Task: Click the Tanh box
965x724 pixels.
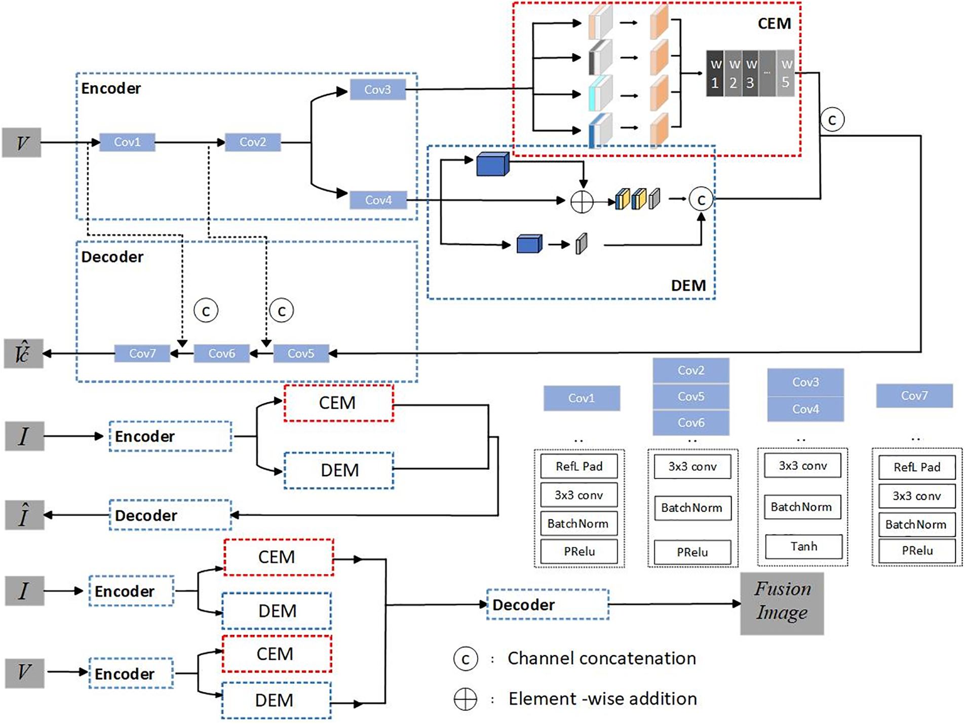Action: [x=803, y=546]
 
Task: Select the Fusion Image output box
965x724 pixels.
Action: [x=782, y=603]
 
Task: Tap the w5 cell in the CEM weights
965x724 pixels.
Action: [x=785, y=73]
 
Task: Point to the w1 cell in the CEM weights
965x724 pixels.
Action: [x=715, y=73]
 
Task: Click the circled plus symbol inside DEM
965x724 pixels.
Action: [x=582, y=201]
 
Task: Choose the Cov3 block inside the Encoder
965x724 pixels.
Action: [x=377, y=90]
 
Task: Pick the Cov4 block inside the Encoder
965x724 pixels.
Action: [x=378, y=200]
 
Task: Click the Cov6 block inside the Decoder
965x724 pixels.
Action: [x=221, y=353]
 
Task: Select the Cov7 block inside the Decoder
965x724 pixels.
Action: [x=142, y=353]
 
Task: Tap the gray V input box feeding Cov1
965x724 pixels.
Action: [x=22, y=142]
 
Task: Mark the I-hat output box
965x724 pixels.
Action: [x=24, y=515]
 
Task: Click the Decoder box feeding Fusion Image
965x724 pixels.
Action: [x=548, y=604]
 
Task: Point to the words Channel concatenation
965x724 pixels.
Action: [x=601, y=658]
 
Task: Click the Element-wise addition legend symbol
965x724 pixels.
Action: [x=465, y=699]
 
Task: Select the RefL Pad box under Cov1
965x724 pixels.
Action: [x=578, y=466]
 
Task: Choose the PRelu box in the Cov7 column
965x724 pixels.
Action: [x=916, y=551]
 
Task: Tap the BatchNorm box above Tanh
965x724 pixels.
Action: [x=802, y=507]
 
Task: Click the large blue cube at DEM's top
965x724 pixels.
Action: [x=492, y=165]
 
